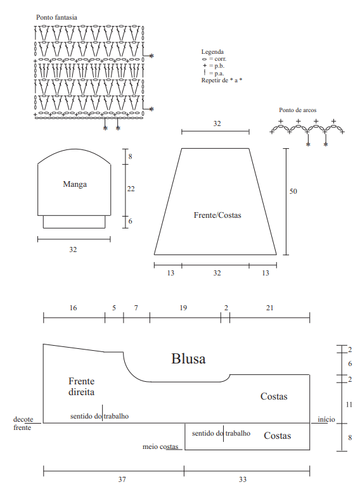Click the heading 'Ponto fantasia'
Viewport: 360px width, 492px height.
coord(56,17)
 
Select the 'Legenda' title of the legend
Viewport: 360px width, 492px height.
coord(212,52)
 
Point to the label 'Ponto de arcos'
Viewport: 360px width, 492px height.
coord(297,110)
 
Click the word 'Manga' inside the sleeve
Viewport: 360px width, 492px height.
coord(75,184)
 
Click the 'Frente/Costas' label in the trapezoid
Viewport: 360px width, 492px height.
coord(217,215)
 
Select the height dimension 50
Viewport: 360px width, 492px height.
coord(293,191)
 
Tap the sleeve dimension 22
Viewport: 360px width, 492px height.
coord(131,189)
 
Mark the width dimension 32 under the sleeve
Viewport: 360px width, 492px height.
coord(73,249)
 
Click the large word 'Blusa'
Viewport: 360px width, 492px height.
coord(188,358)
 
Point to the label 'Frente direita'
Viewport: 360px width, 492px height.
coord(81,386)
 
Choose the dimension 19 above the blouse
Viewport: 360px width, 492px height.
coord(183,308)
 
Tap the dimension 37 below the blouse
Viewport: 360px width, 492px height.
coord(122,479)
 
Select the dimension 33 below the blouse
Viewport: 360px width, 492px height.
coord(243,479)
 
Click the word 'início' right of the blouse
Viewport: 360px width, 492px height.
coord(326,420)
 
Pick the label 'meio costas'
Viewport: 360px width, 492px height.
coord(160,446)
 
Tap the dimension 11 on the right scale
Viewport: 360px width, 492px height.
coord(349,405)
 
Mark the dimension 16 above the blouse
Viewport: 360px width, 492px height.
coord(73,308)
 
